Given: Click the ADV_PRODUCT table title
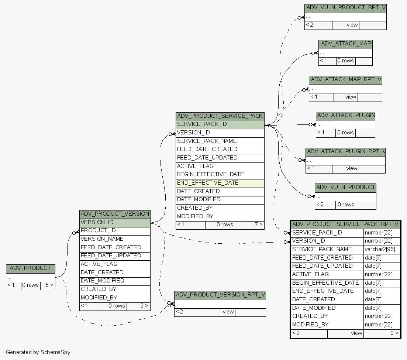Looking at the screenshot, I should click(30, 268).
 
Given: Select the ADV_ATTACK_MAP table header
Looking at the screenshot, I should click(346, 44).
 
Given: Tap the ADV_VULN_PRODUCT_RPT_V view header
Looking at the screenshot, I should click(345, 8).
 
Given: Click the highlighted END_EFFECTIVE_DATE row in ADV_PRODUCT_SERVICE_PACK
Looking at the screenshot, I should click(220, 183).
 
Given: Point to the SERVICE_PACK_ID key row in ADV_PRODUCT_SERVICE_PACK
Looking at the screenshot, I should click(220, 124).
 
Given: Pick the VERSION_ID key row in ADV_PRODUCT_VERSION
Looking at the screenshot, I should click(115, 222).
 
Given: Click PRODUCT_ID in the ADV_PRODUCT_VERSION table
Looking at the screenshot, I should click(115, 230).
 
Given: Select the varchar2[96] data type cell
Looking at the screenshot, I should click(382, 249).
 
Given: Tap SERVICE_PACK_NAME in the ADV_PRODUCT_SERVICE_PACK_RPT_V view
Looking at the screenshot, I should click(327, 249).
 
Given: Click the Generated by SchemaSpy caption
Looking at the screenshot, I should click(38, 352).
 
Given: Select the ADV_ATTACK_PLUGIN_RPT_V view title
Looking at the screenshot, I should click(346, 151).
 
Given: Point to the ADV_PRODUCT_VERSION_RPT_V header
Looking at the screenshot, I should click(220, 295).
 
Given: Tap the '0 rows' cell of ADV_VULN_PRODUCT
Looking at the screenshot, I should click(345, 205).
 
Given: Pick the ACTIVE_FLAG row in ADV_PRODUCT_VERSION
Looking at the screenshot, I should click(115, 264).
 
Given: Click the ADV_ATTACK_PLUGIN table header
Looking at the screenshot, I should click(345, 116).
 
